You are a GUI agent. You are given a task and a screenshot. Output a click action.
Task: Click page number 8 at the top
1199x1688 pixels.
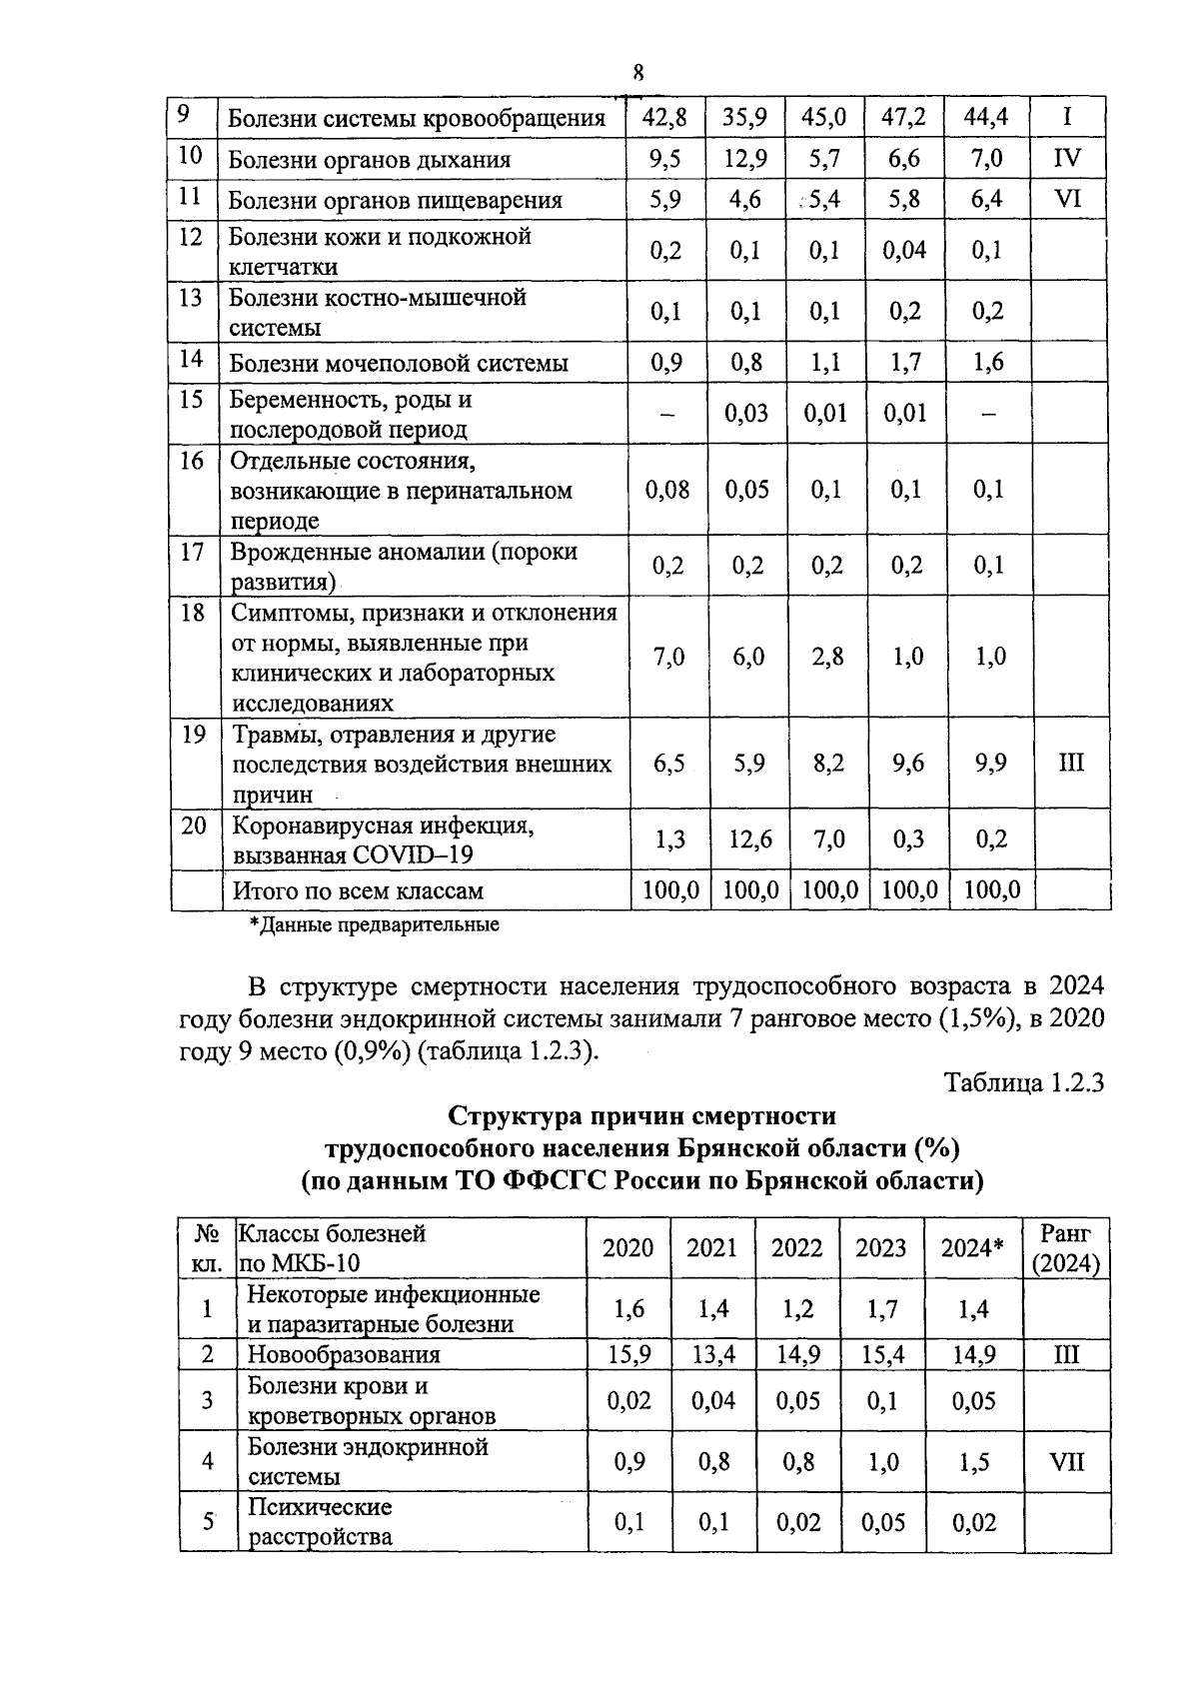click(637, 72)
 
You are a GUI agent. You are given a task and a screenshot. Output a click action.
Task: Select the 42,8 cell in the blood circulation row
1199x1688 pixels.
click(664, 118)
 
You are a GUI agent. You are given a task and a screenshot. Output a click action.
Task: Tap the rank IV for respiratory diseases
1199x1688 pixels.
click(1067, 158)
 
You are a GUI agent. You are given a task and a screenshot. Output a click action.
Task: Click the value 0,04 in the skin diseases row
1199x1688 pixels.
click(904, 250)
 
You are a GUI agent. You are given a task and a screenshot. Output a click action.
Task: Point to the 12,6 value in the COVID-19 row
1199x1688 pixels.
click(745, 839)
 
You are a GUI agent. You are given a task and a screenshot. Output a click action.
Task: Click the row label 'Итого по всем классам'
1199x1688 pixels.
click(358, 890)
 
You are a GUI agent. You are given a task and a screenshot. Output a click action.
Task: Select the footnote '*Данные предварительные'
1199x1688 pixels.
click(374, 924)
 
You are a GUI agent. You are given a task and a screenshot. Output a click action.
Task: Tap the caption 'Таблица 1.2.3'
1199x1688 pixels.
click(1023, 1083)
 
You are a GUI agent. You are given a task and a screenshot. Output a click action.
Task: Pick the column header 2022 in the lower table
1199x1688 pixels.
click(796, 1247)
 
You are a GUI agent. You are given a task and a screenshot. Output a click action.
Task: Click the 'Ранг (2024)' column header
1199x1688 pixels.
click(1066, 1247)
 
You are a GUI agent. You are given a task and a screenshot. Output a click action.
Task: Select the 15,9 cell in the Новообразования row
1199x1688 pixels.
click(628, 1354)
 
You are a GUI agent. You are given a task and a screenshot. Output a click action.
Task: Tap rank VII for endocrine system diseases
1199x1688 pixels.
click(1066, 1461)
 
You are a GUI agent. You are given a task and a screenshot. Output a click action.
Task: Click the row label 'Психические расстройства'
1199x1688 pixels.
click(320, 1521)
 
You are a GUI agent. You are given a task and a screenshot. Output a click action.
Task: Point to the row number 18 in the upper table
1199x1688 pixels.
click(193, 612)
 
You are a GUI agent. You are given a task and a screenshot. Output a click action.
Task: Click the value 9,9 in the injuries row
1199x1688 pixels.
click(989, 764)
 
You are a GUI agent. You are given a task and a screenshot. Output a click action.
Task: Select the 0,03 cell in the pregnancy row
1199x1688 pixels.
click(745, 413)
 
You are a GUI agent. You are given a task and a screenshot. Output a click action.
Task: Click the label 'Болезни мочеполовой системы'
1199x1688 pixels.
click(399, 363)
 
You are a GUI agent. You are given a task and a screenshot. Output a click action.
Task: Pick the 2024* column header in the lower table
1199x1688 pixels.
click(971, 1247)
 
